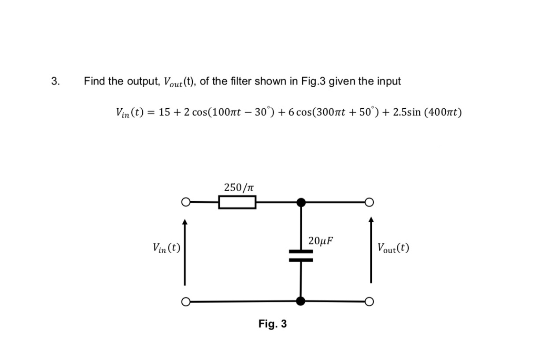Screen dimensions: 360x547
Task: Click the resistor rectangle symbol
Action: coord(237,202)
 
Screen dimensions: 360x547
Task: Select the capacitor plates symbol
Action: coord(301,256)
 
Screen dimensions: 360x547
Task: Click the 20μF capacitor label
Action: coord(321,241)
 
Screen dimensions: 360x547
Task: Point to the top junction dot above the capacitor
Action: coord(301,202)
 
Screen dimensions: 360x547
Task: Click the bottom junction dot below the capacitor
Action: coord(301,301)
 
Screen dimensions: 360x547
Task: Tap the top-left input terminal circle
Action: coord(186,202)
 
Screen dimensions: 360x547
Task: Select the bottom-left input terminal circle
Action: coord(186,302)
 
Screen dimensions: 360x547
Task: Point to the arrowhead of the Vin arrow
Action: coord(185,223)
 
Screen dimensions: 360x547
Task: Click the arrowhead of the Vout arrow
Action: coord(371,220)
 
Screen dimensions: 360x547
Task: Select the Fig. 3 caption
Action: coord(272,324)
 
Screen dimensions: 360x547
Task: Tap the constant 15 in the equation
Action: coord(164,113)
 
